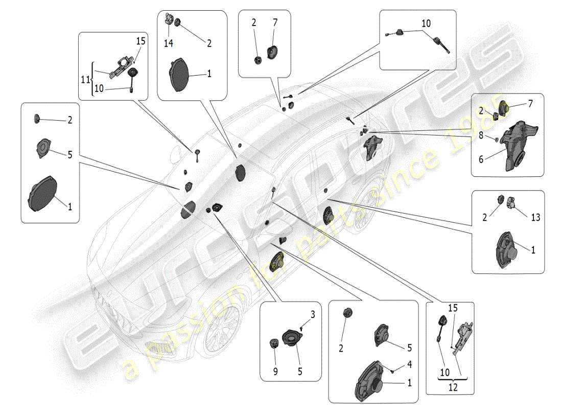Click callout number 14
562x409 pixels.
pyautogui.click(x=168, y=44)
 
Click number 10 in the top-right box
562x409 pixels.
pyautogui.click(x=426, y=24)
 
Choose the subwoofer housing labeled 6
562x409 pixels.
pyautogui.click(x=516, y=143)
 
